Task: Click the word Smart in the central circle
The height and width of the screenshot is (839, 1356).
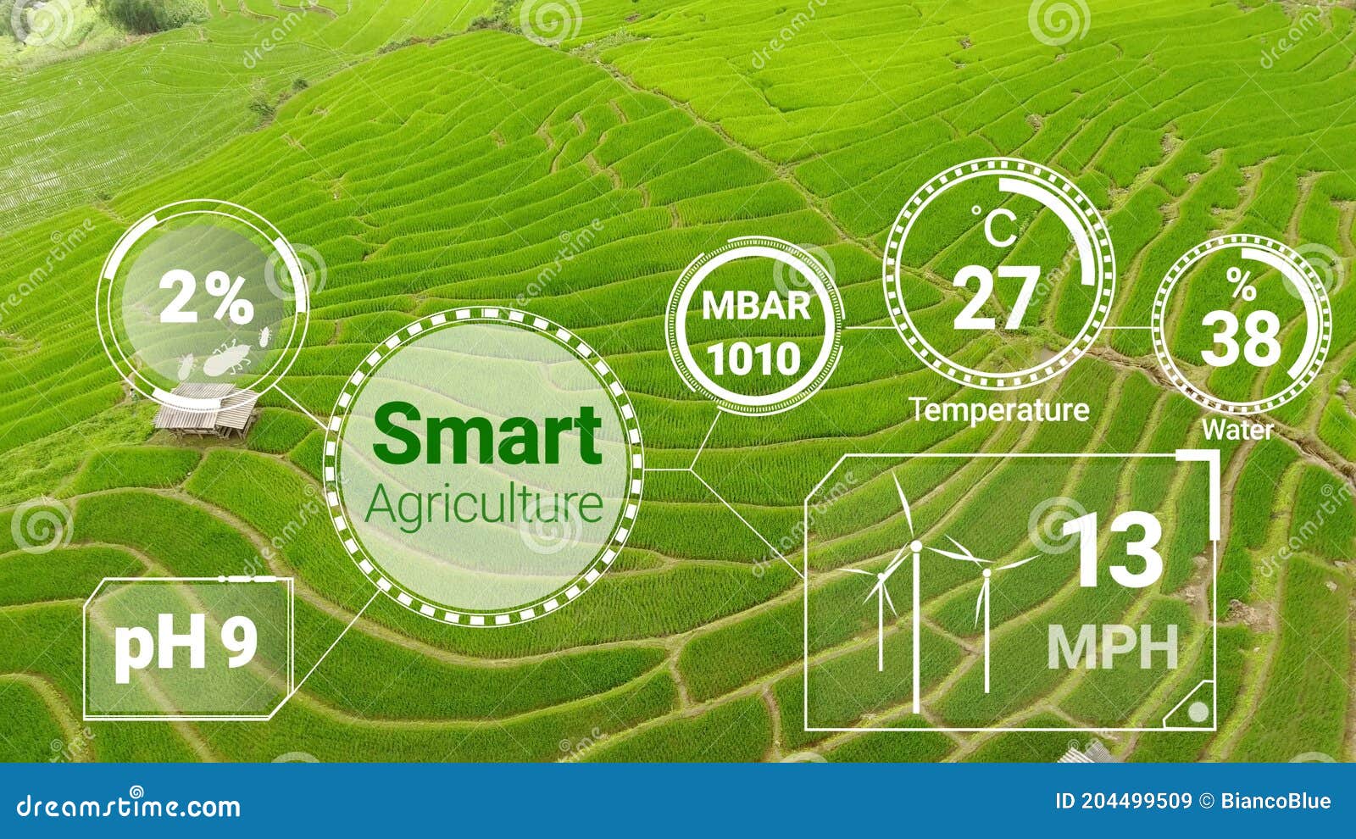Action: click(x=486, y=434)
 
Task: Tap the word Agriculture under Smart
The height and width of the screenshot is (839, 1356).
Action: click(x=484, y=505)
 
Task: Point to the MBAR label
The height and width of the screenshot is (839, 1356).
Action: click(x=756, y=306)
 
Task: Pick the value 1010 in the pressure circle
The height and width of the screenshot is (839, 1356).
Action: click(x=754, y=358)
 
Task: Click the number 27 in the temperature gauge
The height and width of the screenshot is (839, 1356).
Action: click(x=996, y=297)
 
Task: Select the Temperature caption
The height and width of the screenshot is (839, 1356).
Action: click(x=1000, y=410)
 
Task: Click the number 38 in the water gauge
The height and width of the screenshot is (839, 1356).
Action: click(x=1241, y=338)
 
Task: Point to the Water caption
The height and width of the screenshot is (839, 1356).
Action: click(x=1237, y=430)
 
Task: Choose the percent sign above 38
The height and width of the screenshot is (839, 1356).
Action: click(x=1241, y=286)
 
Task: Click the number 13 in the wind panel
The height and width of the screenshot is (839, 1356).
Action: click(x=1114, y=551)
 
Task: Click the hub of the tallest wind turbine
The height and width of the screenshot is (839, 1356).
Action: click(x=915, y=547)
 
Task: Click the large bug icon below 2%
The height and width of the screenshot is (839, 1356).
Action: click(x=225, y=360)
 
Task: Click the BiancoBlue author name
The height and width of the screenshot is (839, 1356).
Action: click(x=1275, y=801)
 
